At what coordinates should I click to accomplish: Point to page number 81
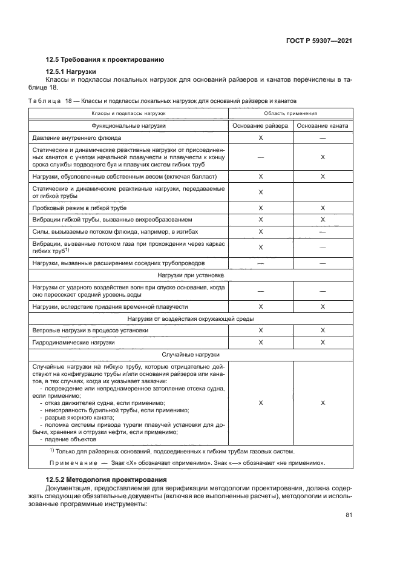pos(349,515)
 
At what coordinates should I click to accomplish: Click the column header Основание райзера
pos(260,125)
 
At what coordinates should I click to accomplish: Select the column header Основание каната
pos(323,125)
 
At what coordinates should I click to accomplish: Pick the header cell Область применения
pos(291,113)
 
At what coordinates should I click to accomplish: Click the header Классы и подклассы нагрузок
pos(128,113)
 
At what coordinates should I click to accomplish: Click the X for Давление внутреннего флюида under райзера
pos(260,138)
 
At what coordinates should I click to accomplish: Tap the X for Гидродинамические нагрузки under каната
pos(323,343)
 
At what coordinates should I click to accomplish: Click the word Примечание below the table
pos(71,463)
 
